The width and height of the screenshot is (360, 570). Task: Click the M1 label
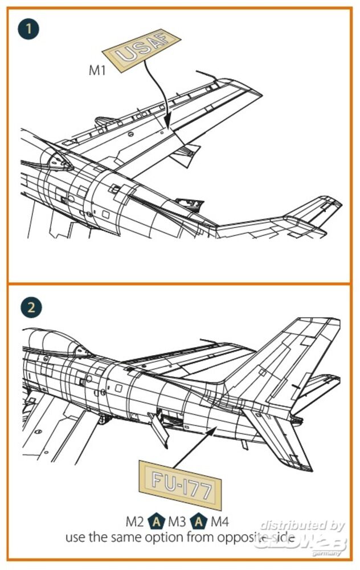pos(98,70)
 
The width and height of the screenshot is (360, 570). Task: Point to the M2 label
pos(136,521)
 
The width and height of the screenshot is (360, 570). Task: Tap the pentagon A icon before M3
pos(156,521)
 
